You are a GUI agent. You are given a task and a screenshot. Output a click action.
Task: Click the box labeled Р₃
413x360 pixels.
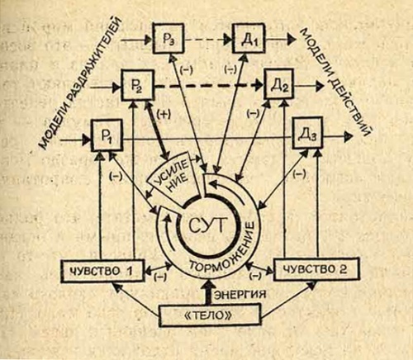click(x=169, y=38)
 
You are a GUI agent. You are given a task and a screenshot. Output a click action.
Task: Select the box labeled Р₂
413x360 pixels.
click(x=138, y=85)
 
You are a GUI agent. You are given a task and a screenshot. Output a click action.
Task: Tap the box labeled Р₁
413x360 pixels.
click(x=107, y=135)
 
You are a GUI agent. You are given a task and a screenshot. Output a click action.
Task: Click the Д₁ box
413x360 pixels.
click(x=249, y=40)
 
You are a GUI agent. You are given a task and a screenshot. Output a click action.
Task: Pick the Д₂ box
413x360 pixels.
click(x=278, y=84)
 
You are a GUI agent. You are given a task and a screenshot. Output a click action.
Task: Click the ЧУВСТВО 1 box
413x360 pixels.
click(x=102, y=270)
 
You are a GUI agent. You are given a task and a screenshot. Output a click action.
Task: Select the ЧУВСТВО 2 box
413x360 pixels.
click(x=317, y=268)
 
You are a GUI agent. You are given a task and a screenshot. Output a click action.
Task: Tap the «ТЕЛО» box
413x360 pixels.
click(x=210, y=315)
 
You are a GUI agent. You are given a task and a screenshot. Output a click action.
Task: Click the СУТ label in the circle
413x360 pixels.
click(x=208, y=226)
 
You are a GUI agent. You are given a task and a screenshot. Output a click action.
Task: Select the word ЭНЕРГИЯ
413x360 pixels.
click(x=240, y=294)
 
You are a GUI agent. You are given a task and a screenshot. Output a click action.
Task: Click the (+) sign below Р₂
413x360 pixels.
click(x=164, y=115)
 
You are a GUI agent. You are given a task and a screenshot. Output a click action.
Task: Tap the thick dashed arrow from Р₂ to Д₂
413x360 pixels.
click(x=208, y=85)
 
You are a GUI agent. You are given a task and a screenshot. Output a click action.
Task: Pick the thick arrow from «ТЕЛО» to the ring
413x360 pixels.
click(x=209, y=292)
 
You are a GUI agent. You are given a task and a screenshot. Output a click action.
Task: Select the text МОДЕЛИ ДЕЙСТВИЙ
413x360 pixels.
click(x=336, y=82)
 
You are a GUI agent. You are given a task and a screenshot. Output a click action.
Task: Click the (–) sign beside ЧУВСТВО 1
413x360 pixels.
click(x=159, y=277)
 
